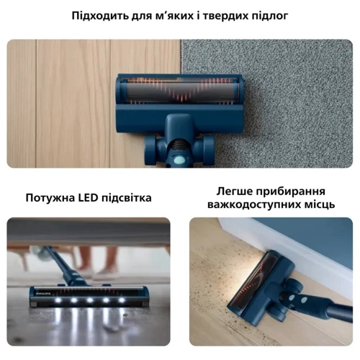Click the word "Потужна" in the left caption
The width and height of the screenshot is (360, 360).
[52, 197]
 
